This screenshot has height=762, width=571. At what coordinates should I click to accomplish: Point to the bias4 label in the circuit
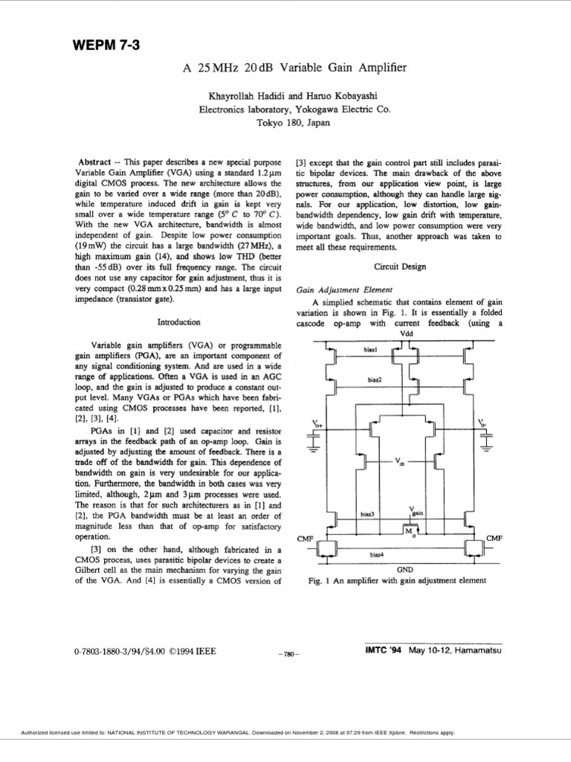pyautogui.click(x=376, y=554)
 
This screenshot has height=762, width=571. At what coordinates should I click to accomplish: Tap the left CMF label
pyautogui.click(x=304, y=537)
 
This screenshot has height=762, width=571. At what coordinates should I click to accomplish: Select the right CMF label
pyautogui.click(x=494, y=537)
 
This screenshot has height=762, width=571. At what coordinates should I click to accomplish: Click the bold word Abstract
pyautogui.click(x=94, y=161)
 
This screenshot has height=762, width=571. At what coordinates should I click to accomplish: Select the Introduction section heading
pyautogui.click(x=178, y=322)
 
